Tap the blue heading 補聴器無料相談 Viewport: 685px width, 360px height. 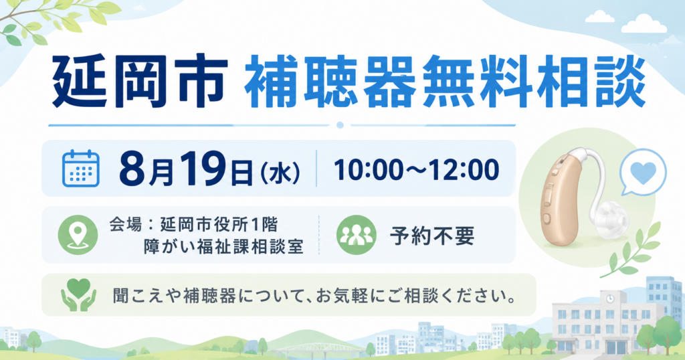445,81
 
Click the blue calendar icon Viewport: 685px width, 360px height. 81,168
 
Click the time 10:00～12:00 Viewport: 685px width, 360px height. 416,169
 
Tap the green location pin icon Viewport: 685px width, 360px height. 78,235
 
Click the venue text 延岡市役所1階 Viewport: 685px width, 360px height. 219,225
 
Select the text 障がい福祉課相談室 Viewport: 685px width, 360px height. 223,247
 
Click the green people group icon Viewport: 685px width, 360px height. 357,235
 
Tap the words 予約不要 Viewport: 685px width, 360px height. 431,236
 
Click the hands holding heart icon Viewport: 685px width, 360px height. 79,295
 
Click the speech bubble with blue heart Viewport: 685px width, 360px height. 643,172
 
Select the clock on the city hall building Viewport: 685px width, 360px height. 610,298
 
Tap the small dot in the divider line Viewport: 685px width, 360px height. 340,125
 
